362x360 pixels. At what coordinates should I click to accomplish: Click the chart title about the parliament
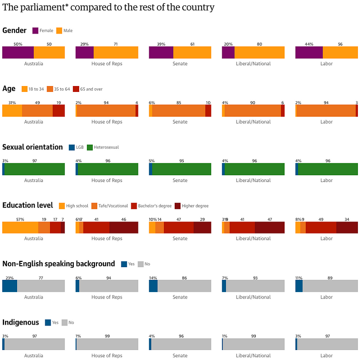[109, 7]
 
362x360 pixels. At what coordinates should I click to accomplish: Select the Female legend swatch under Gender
[35, 31]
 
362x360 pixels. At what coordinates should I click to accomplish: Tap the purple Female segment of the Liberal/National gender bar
[228, 52]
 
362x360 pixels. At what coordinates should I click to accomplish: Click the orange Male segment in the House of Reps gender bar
[116, 52]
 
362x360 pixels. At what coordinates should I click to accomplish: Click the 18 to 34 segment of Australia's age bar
[12, 110]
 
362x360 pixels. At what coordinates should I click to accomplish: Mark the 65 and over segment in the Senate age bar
[208, 110]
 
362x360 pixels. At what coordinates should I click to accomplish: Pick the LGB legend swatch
[71, 147]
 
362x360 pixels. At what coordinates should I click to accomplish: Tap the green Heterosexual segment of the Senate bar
[181, 169]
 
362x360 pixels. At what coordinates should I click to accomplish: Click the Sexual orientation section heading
[33, 147]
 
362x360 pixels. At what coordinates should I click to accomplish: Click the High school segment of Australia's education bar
[20, 227]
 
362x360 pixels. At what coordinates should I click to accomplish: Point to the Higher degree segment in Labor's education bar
[347, 227]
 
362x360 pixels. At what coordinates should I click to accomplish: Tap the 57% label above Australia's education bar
[20, 219]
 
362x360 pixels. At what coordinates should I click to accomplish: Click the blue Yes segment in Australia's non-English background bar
[10, 286]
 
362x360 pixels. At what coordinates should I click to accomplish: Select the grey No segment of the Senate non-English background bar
[184, 286]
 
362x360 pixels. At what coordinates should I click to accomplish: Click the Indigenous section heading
[21, 322]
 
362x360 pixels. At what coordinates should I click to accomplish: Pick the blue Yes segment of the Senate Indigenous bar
[150, 344]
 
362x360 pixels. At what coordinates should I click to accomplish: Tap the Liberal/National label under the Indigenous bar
[253, 355]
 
